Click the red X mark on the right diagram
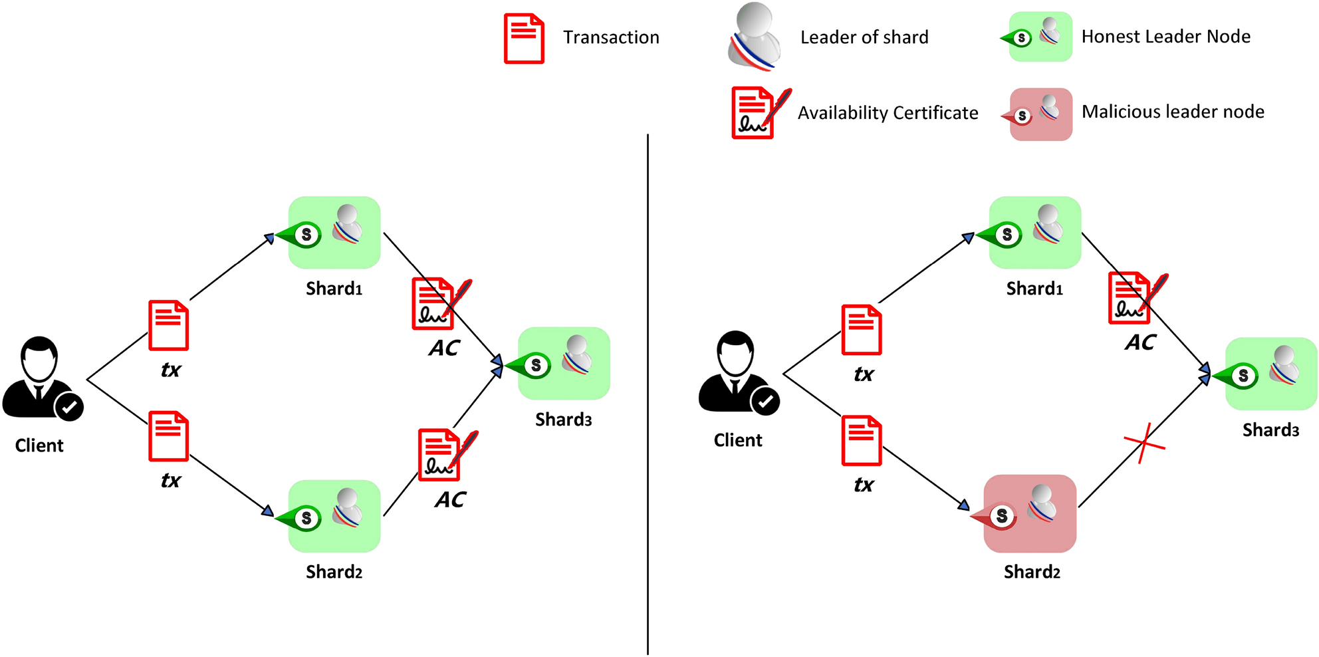coord(1143,443)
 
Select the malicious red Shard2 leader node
coord(1030,513)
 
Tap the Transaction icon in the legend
coord(524,39)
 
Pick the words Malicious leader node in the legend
coord(1173,112)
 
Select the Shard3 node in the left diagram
coord(563,363)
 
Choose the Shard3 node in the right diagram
coord(1270,374)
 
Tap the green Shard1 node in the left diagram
coord(334,232)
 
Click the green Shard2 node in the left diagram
coord(334,516)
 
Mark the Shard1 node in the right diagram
coord(1034,232)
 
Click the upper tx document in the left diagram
coord(168,325)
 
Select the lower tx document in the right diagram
coord(862,440)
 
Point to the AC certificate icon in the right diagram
coord(1134,297)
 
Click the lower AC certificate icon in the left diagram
coord(444,455)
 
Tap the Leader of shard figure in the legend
coord(755,37)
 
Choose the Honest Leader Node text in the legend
coord(1165,37)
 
